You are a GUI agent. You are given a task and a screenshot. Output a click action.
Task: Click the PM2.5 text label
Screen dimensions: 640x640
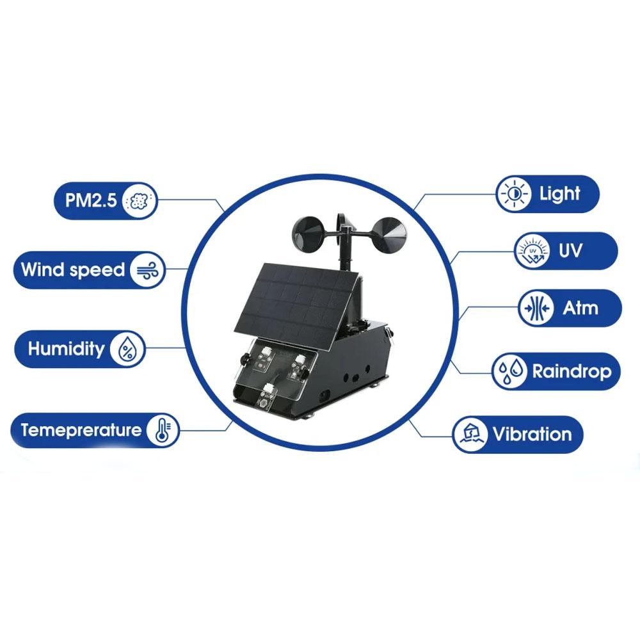tap(91, 200)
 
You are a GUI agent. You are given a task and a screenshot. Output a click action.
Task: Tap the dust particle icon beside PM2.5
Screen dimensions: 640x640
tap(139, 200)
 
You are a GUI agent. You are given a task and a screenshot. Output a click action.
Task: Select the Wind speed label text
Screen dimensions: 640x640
tap(73, 270)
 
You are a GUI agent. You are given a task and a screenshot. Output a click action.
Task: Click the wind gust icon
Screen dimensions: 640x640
tap(147, 270)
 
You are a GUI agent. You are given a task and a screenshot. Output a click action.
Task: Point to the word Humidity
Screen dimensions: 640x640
tap(66, 349)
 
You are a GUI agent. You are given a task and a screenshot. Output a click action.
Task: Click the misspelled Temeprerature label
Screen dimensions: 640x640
tap(81, 430)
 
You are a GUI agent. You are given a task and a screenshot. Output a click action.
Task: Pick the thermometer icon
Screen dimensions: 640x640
tap(163, 430)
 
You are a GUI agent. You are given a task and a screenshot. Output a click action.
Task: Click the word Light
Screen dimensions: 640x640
tap(559, 194)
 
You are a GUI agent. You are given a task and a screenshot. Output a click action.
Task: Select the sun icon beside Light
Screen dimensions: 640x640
tap(513, 194)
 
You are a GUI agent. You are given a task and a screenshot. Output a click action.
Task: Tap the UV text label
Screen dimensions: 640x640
tap(570, 251)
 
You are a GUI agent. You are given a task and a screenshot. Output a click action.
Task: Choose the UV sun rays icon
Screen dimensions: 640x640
tap(532, 251)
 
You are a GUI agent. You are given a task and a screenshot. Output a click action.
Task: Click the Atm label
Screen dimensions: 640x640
tap(580, 308)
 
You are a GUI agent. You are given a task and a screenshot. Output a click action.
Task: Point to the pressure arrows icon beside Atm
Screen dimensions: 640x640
tap(536, 308)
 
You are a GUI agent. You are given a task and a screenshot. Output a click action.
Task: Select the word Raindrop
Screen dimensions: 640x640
tap(572, 372)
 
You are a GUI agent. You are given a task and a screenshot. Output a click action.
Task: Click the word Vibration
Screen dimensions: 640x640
tap(532, 435)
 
